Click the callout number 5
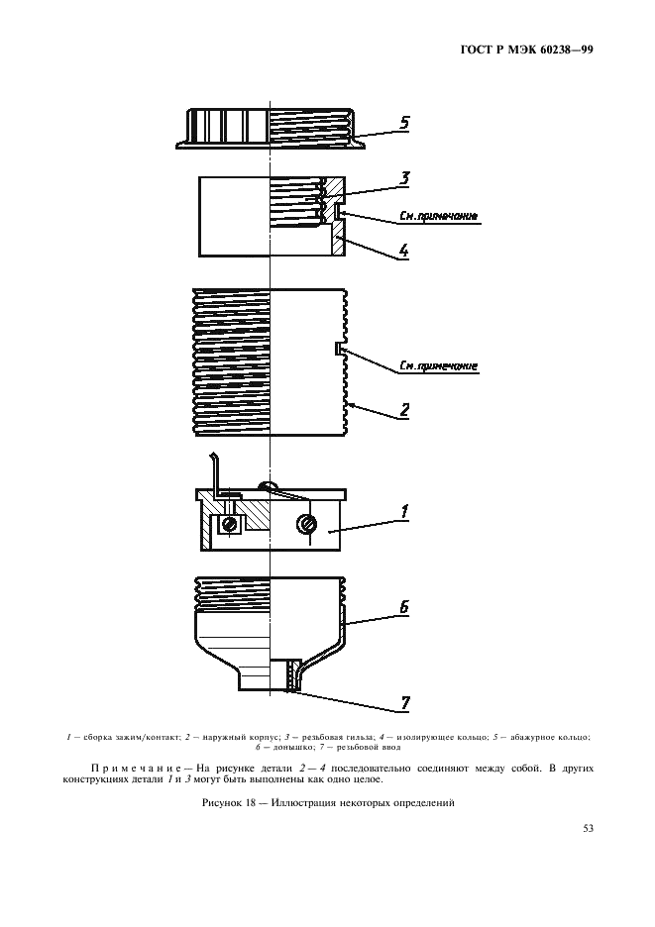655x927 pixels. coord(404,123)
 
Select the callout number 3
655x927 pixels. coord(404,178)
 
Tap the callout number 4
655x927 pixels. coord(403,251)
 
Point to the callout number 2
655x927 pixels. coord(404,410)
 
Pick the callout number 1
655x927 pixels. coord(404,511)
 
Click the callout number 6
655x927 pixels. coord(404,607)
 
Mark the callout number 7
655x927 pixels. coord(405,703)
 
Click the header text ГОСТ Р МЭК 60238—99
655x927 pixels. coord(526,51)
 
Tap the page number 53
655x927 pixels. coord(589,828)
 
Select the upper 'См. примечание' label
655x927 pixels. coord(438,216)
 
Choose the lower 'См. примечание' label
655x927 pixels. coord(438,366)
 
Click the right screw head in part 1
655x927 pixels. coord(306,523)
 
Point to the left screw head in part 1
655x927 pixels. coord(230,523)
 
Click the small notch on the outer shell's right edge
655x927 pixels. coord(338,349)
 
